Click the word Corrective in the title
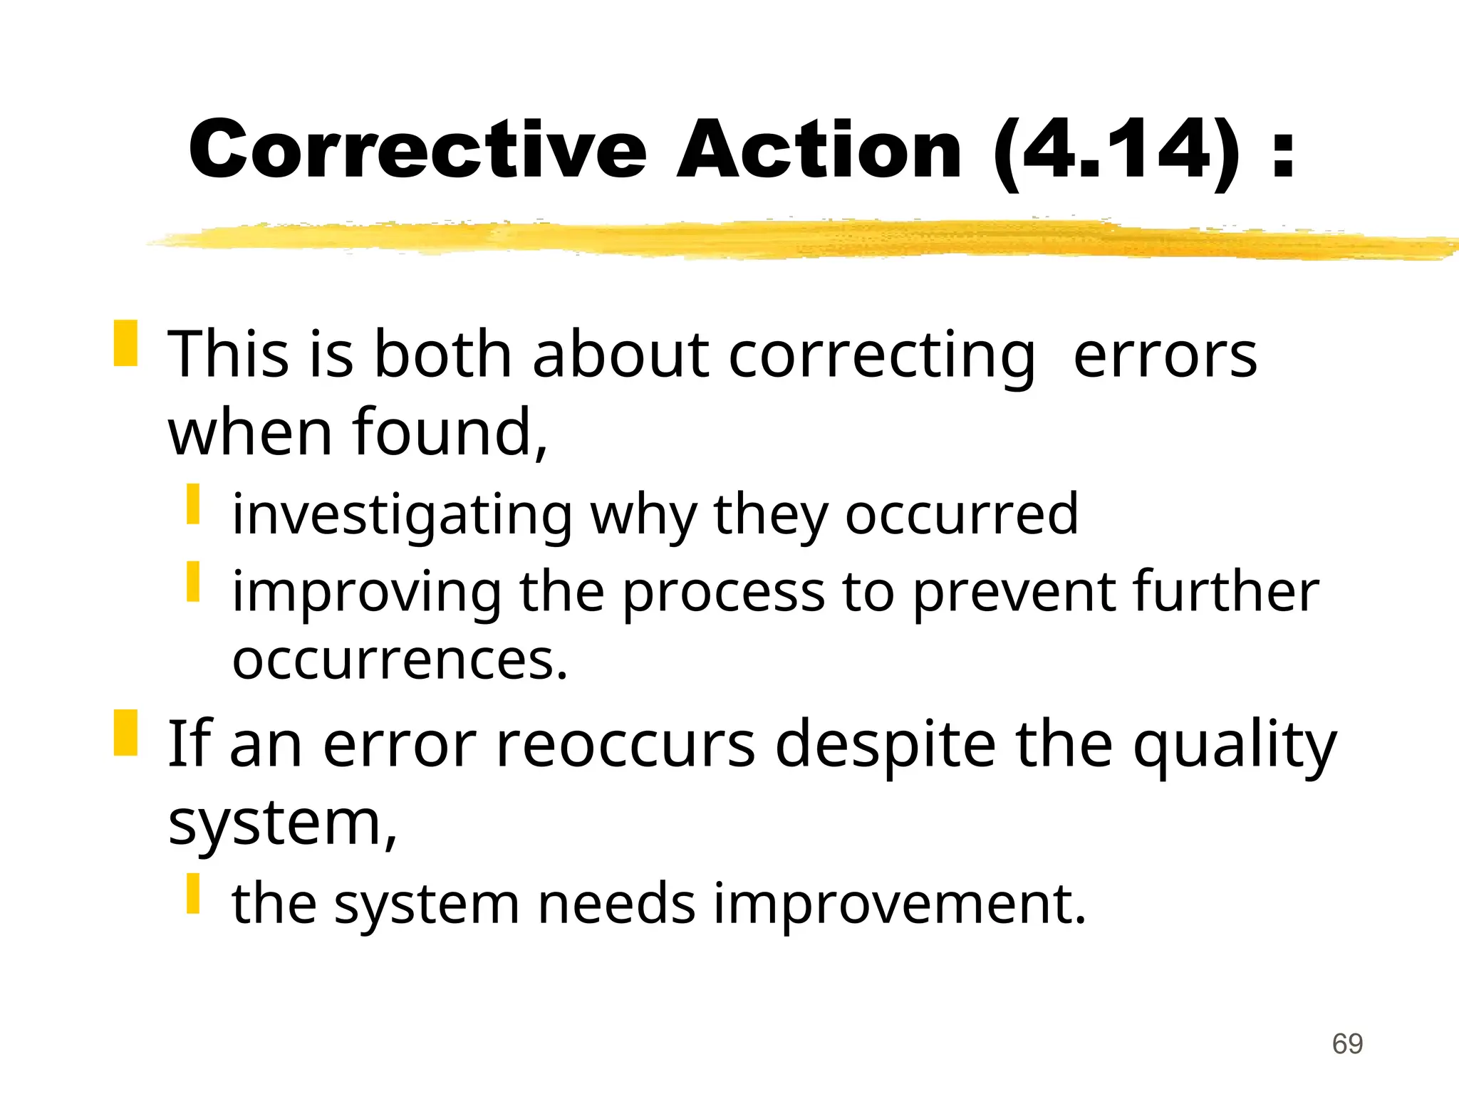point(417,150)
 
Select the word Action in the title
point(819,150)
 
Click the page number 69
point(1347,1044)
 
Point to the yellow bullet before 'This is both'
point(125,343)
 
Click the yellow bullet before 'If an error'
point(125,732)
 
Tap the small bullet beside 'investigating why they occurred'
point(193,504)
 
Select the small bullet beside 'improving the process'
point(193,581)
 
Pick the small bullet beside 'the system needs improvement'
point(193,893)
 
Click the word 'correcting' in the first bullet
point(881,356)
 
